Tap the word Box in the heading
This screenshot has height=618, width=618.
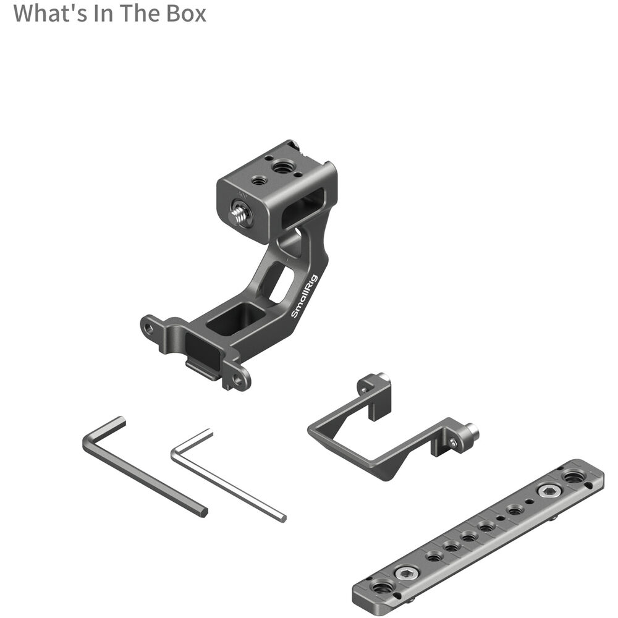point(186,13)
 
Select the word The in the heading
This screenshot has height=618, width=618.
point(140,13)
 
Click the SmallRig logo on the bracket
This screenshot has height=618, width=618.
point(304,296)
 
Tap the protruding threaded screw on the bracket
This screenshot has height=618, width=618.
point(239,213)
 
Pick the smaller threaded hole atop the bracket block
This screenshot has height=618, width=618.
point(258,181)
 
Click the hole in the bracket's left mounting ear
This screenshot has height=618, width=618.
point(148,328)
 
